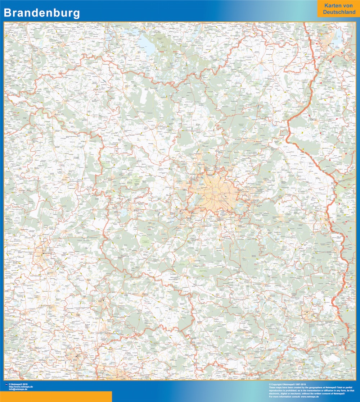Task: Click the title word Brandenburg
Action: [42, 13]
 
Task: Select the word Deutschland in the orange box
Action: [339, 12]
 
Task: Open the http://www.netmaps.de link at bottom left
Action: [21, 387]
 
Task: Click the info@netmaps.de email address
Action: [19, 389]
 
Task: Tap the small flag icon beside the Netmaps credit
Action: [6, 384]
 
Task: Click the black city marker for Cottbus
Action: [306, 312]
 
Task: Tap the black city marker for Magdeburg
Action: [44, 253]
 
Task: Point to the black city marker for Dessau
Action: [103, 300]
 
